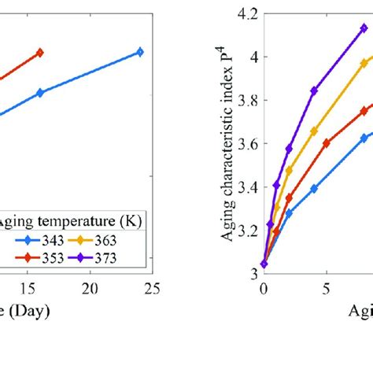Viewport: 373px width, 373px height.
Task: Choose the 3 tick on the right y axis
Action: coord(253,273)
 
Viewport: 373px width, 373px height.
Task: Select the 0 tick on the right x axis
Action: coord(264,289)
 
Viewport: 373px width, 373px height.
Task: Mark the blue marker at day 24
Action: coord(140,52)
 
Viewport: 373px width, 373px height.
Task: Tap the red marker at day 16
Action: coord(40,52)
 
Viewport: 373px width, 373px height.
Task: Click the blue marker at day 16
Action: coord(40,93)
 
